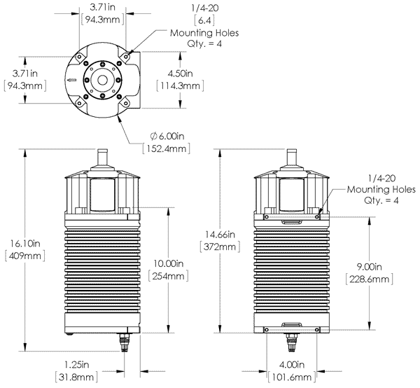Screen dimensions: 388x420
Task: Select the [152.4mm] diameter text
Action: point(162,149)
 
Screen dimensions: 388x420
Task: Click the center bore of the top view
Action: point(103,79)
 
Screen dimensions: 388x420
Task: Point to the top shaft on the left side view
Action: point(102,155)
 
